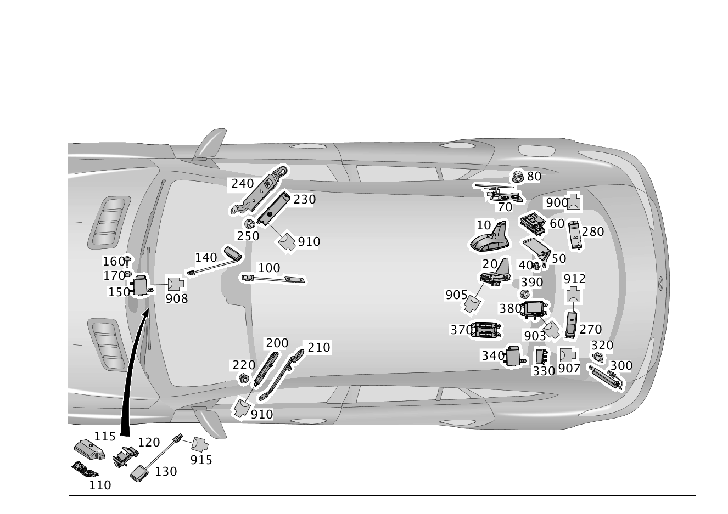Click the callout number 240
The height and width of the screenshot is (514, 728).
coord(243,184)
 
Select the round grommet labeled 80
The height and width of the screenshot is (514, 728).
coord(517,176)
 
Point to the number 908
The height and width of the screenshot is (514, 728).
coord(177,299)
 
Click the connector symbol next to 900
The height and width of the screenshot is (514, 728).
coord(574,202)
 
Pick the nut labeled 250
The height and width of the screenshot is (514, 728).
coord(250,223)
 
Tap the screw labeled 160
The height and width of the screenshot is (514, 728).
coord(128,261)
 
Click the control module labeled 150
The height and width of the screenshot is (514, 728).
coord(141,286)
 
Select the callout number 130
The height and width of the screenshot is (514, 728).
coord(166,471)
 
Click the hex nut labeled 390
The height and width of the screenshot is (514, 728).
coord(524,294)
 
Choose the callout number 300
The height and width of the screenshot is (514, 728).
coord(621,365)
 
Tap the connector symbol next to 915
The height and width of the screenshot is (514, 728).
coord(199,444)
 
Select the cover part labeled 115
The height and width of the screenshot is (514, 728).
coord(89,450)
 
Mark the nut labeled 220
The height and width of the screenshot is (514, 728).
coord(244,379)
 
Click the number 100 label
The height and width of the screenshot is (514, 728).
coord(269,268)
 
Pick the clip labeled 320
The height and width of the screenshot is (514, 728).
coord(597,357)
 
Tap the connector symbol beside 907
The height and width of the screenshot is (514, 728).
coord(568,355)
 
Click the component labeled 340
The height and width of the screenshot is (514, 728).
coord(515,357)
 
